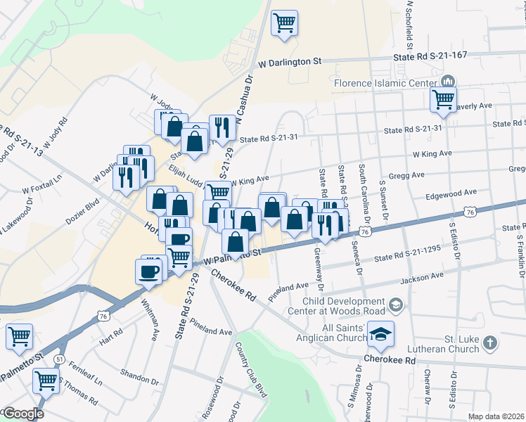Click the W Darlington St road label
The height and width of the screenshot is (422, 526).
pyautogui.click(x=290, y=62)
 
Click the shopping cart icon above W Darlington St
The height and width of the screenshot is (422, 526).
pyautogui.click(x=285, y=23)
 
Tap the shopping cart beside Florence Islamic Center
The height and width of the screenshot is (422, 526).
pyautogui.click(x=444, y=99)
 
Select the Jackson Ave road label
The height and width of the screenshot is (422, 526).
pyautogui.click(x=423, y=280)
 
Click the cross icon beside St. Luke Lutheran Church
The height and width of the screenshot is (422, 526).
pyautogui.click(x=491, y=344)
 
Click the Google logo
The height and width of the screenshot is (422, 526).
pyautogui.click(x=23, y=414)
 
